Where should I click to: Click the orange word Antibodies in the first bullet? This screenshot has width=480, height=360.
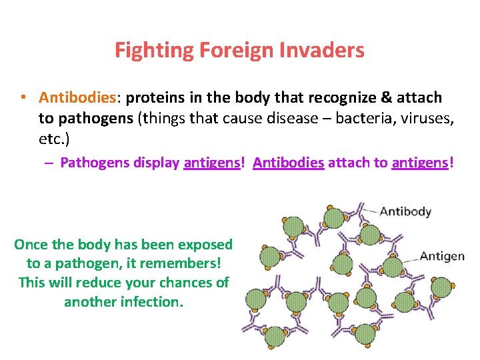point(77,98)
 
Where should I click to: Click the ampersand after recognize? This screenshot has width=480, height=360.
point(387,98)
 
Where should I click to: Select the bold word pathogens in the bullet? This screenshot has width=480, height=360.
point(95,119)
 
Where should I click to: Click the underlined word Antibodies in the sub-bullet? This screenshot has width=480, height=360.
point(289,163)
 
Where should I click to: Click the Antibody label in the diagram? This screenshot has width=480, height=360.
point(405,212)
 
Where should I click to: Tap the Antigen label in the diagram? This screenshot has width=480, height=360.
point(442,257)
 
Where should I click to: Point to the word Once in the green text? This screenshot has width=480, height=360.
point(31,245)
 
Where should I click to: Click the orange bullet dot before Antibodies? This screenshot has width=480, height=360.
point(23,98)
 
